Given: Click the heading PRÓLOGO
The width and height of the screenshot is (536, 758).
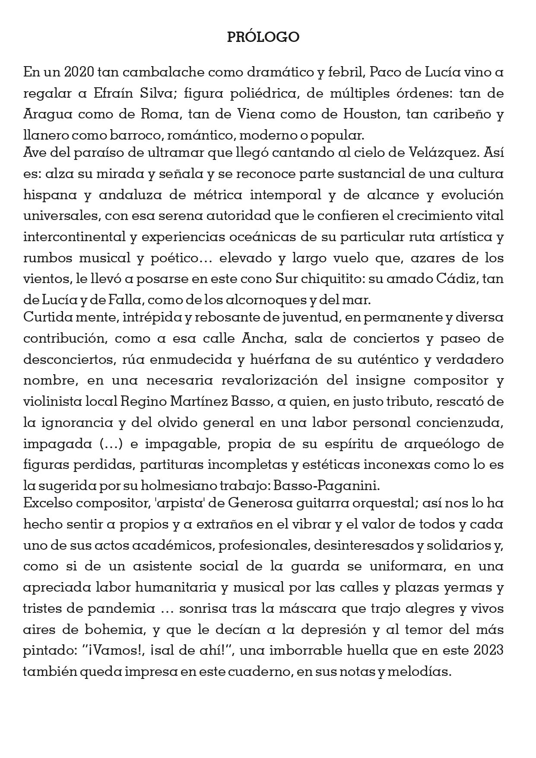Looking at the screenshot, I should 263,38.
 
